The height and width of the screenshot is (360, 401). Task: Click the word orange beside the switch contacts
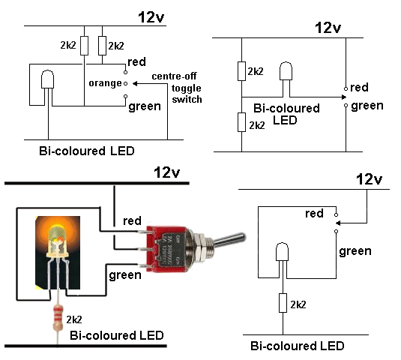[105, 84]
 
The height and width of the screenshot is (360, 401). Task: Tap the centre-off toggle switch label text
[177, 88]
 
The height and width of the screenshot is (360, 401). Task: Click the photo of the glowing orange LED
[58, 253]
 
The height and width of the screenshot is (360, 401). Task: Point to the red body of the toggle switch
[166, 249]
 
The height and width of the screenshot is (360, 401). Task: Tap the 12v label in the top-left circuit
[151, 17]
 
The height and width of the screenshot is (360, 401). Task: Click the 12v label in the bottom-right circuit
[369, 179]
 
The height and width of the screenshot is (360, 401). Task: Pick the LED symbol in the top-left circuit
[47, 79]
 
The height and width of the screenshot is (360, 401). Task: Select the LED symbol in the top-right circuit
[286, 70]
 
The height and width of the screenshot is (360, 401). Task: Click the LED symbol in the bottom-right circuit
[282, 252]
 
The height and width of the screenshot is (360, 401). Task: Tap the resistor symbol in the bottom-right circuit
[283, 303]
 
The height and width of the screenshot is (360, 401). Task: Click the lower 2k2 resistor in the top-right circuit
[241, 122]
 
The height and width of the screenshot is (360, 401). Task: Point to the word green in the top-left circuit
[145, 106]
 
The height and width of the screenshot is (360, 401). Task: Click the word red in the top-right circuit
[359, 88]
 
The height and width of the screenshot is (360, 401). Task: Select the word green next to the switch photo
[125, 275]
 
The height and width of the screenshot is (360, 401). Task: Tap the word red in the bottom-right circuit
[314, 214]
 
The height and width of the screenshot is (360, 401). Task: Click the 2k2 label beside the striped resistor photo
[74, 319]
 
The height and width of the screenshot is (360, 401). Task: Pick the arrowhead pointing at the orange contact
[135, 84]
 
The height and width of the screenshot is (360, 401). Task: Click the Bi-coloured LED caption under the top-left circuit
[87, 151]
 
